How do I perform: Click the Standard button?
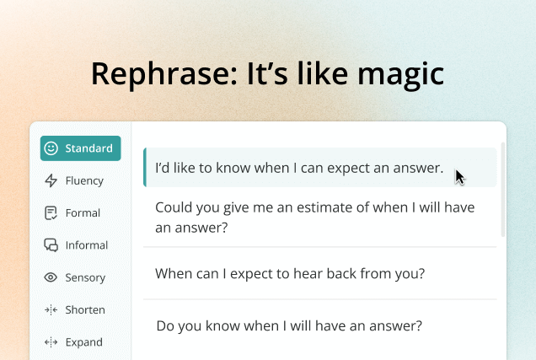[x=80, y=148]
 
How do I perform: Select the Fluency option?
[x=74, y=180]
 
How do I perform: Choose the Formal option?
[x=72, y=213]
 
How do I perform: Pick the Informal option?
[x=76, y=245]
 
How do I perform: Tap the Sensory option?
[x=75, y=277]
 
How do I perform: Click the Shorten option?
[x=75, y=309]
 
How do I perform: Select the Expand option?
[x=73, y=342]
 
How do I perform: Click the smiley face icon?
[x=51, y=148]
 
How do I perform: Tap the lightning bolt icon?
[x=51, y=180]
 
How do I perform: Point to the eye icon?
[x=51, y=277]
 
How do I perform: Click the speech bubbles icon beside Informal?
[x=51, y=245]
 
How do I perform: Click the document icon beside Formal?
[x=51, y=213]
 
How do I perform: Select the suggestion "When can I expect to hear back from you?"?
[x=290, y=273]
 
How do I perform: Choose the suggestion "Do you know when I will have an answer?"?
[x=289, y=325]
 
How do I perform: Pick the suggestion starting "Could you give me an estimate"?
[x=315, y=218]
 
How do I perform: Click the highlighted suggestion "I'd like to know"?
[x=299, y=168]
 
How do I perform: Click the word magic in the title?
[x=400, y=75]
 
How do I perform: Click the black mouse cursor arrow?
[x=460, y=177]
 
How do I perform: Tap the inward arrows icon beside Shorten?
[x=51, y=309]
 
